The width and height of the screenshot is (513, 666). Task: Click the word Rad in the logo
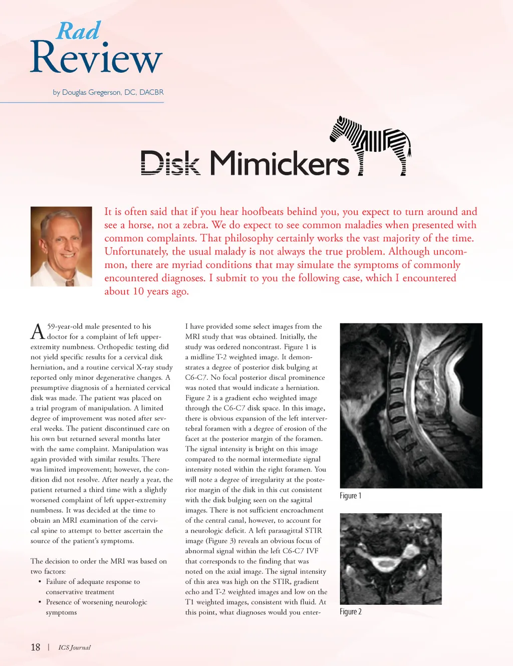[x=79, y=31]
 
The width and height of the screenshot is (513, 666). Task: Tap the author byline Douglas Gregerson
[x=108, y=92]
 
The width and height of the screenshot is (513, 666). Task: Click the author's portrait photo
[x=61, y=246]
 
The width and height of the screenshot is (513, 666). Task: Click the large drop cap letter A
[x=38, y=332]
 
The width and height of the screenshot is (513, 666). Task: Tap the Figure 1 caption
[x=350, y=496]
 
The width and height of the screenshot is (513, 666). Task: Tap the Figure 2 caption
[x=350, y=611]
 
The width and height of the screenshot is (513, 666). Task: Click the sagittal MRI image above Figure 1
[x=411, y=405]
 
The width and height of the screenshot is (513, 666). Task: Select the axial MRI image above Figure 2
[x=391, y=558]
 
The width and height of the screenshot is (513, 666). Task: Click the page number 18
[x=36, y=647]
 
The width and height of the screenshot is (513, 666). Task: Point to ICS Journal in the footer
[x=74, y=647]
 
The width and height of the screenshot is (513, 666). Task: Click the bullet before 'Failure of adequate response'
[x=40, y=582]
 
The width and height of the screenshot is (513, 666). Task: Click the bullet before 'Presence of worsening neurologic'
[x=40, y=602]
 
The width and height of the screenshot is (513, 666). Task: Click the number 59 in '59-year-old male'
[x=52, y=326]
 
